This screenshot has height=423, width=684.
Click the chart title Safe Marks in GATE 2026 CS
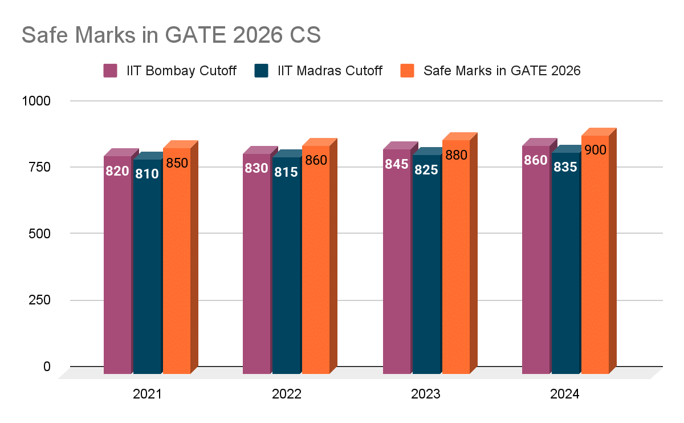pyautogui.click(x=171, y=35)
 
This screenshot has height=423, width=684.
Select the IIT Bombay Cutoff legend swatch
pyautogui.click(x=110, y=71)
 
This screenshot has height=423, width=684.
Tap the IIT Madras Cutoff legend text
pyautogui.click(x=329, y=71)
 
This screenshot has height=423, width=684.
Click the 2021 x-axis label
pyautogui.click(x=147, y=394)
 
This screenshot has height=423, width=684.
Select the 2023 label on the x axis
pyautogui.click(x=426, y=394)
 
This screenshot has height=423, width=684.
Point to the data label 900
pyautogui.click(x=595, y=150)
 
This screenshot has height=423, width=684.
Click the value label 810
pyautogui.click(x=146, y=173)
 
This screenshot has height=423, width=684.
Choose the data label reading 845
pyautogui.click(x=397, y=164)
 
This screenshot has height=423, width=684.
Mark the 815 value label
pyautogui.click(x=286, y=172)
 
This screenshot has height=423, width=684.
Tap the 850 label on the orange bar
pyautogui.click(x=177, y=163)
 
